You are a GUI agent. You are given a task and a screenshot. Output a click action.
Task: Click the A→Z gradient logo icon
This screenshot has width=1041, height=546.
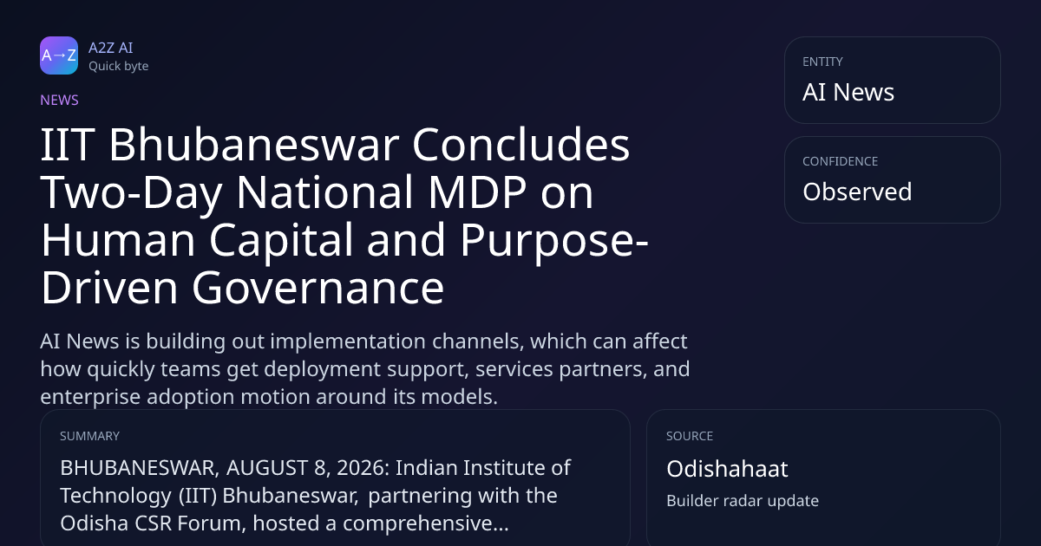pos(59,55)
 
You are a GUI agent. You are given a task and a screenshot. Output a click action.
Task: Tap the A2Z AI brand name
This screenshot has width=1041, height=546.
pos(111,48)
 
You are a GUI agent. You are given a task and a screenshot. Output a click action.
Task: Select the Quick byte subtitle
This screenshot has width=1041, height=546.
pos(119,67)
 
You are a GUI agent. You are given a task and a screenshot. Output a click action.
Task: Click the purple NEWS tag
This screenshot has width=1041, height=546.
pos(60,101)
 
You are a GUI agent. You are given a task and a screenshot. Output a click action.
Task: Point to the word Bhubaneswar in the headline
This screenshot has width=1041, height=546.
pos(253,145)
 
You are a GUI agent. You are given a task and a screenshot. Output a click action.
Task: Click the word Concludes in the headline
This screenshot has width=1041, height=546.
pos(521,145)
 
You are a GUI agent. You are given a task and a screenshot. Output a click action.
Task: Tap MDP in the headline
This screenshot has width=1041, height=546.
pos(477,192)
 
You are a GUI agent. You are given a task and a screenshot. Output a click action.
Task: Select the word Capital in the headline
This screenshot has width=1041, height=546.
pos(281,241)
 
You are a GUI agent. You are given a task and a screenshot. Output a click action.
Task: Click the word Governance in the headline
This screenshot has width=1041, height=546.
pos(318,289)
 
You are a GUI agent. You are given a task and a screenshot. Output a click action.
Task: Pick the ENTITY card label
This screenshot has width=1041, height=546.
pos(822,62)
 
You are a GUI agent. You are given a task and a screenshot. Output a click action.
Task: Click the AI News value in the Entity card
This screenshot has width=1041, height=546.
pos(848,92)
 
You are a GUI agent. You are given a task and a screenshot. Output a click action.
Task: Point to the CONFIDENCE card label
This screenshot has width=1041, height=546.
pos(841,161)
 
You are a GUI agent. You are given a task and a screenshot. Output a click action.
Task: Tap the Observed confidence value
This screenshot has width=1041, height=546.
pos(857,192)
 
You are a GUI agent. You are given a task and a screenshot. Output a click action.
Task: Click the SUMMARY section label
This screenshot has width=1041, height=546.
pos(89,436)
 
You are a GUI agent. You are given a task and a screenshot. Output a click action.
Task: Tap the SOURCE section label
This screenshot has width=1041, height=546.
pos(690,436)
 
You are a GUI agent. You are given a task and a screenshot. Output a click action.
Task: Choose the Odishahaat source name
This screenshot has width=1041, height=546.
pos(727,469)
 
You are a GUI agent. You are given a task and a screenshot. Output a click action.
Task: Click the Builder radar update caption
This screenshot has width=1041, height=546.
pos(743,501)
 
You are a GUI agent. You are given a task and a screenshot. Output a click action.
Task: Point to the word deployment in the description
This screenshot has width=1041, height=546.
pos(323,369)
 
